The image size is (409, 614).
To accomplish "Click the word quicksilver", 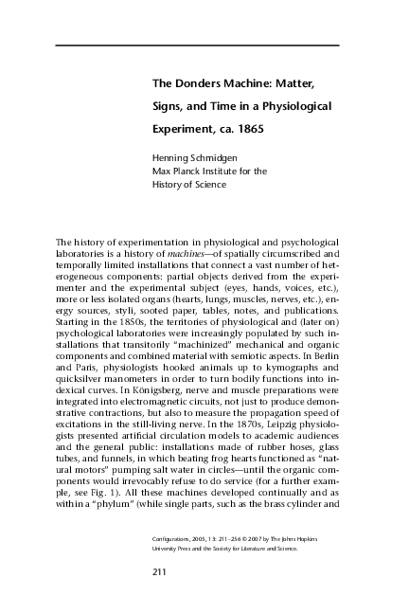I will tap(80, 362).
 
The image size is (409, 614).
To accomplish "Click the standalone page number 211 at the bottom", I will tap(160, 571).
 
